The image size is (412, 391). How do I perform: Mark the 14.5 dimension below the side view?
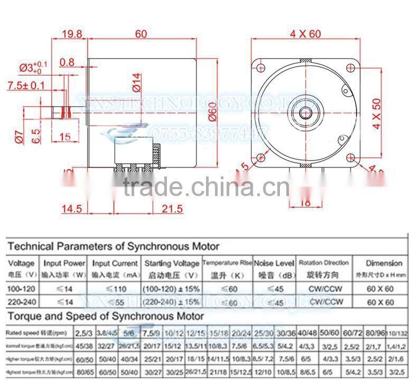click(x=71, y=209)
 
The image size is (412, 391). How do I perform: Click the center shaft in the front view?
click(x=305, y=113)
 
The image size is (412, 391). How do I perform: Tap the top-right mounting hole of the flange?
click(x=351, y=67)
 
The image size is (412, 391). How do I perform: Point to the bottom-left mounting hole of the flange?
click(x=260, y=158)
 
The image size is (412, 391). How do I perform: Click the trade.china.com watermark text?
click(x=206, y=187)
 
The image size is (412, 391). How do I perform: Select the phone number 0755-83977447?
click(x=206, y=133)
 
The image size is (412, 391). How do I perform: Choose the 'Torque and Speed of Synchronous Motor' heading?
click(x=106, y=316)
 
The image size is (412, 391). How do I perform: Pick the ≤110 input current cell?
click(x=115, y=289)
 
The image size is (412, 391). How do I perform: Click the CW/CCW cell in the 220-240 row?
click(x=324, y=302)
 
